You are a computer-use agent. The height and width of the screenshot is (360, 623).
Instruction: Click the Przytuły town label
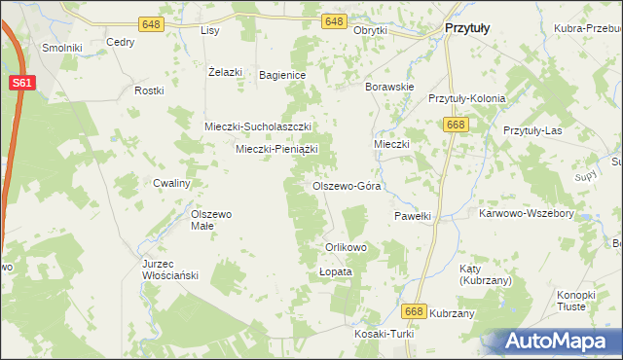pyautogui.click(x=466, y=29)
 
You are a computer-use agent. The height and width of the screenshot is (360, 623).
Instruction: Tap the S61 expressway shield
pyautogui.click(x=23, y=84)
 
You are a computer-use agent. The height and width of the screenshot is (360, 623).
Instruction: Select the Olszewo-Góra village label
pyautogui.click(x=346, y=185)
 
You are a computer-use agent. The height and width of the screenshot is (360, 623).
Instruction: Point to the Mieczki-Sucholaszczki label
pyautogui.click(x=257, y=126)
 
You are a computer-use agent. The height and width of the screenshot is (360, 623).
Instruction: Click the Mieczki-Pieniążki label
pyautogui.click(x=277, y=149)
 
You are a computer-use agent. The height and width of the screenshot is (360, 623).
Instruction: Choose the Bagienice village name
pyautogui.click(x=282, y=75)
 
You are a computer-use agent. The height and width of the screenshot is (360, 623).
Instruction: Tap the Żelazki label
pyautogui.click(x=225, y=71)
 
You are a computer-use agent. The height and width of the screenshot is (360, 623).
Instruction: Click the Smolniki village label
pyautogui.click(x=61, y=47)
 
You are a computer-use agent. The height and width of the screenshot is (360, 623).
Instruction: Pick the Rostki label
pyautogui.click(x=149, y=90)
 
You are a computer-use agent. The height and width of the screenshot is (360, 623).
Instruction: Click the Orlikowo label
pyautogui.click(x=346, y=247)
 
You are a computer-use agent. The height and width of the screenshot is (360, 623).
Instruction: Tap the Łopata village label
pyautogui.click(x=335, y=272)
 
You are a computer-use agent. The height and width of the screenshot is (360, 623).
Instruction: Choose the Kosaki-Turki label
pyautogui.click(x=385, y=334)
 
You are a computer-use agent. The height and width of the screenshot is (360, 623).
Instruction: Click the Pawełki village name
pyautogui.click(x=412, y=216)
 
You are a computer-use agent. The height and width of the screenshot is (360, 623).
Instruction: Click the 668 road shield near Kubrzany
pyautogui.click(x=414, y=310)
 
